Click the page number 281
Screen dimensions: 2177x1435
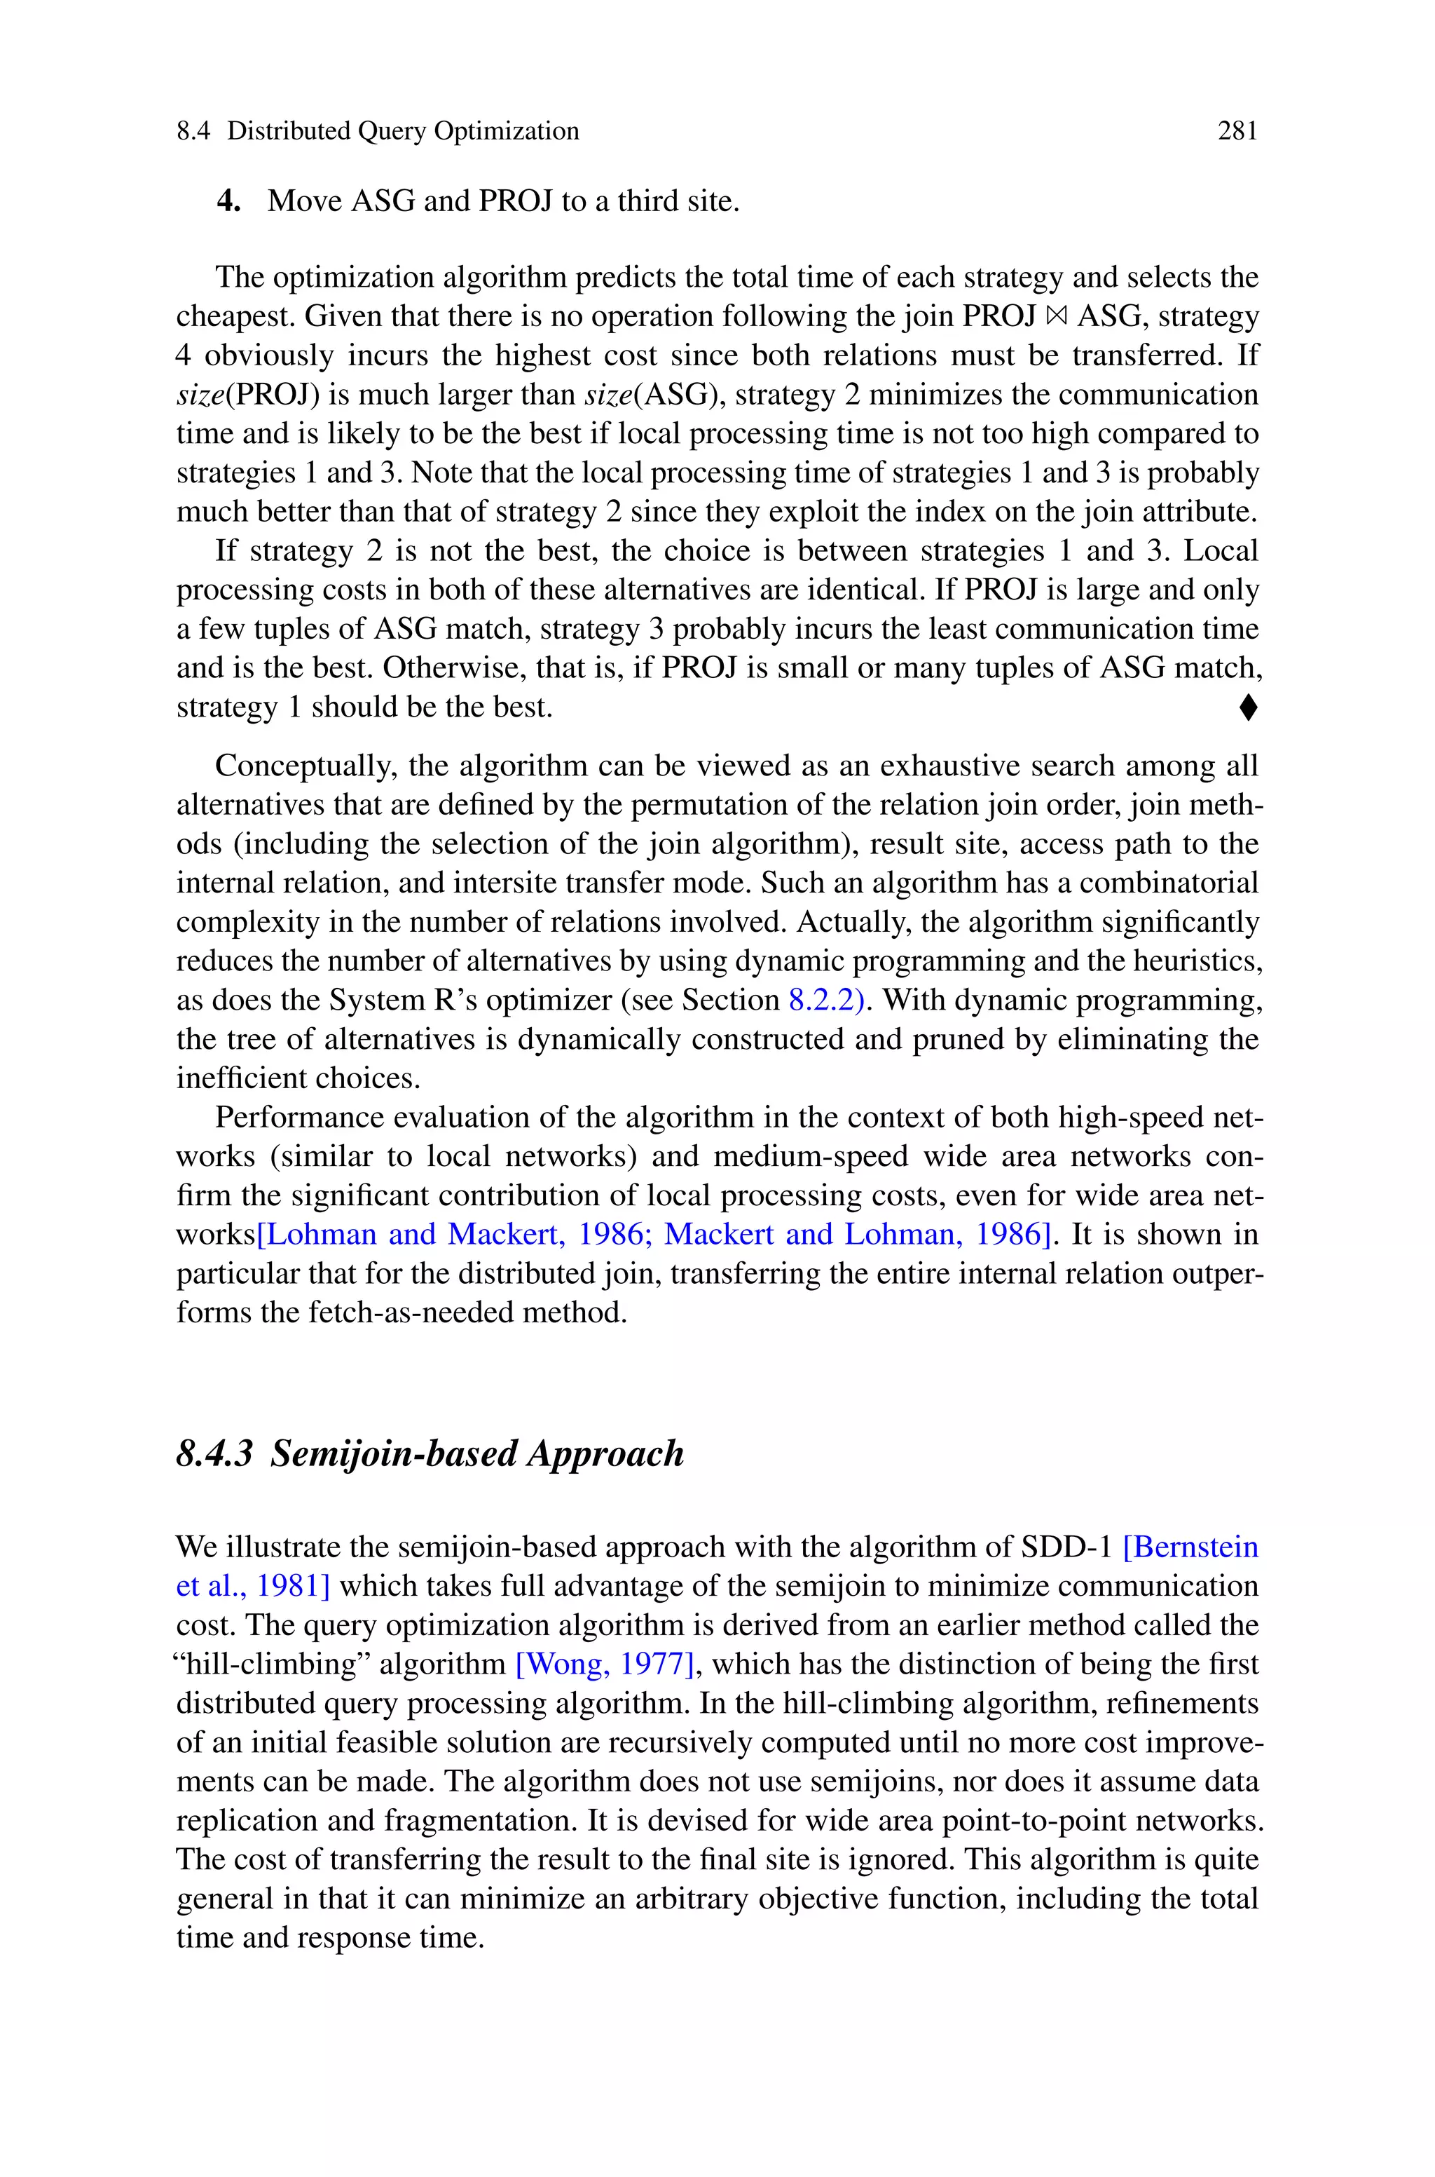click(x=1237, y=132)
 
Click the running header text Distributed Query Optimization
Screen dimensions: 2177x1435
click(x=403, y=132)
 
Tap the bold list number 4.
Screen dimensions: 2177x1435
click(x=228, y=201)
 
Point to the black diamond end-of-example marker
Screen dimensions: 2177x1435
click(x=1249, y=707)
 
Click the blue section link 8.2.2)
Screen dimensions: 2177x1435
click(x=825, y=1000)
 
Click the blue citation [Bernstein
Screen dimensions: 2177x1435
click(x=1190, y=1547)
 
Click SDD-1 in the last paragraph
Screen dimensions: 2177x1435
click(x=1066, y=1547)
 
